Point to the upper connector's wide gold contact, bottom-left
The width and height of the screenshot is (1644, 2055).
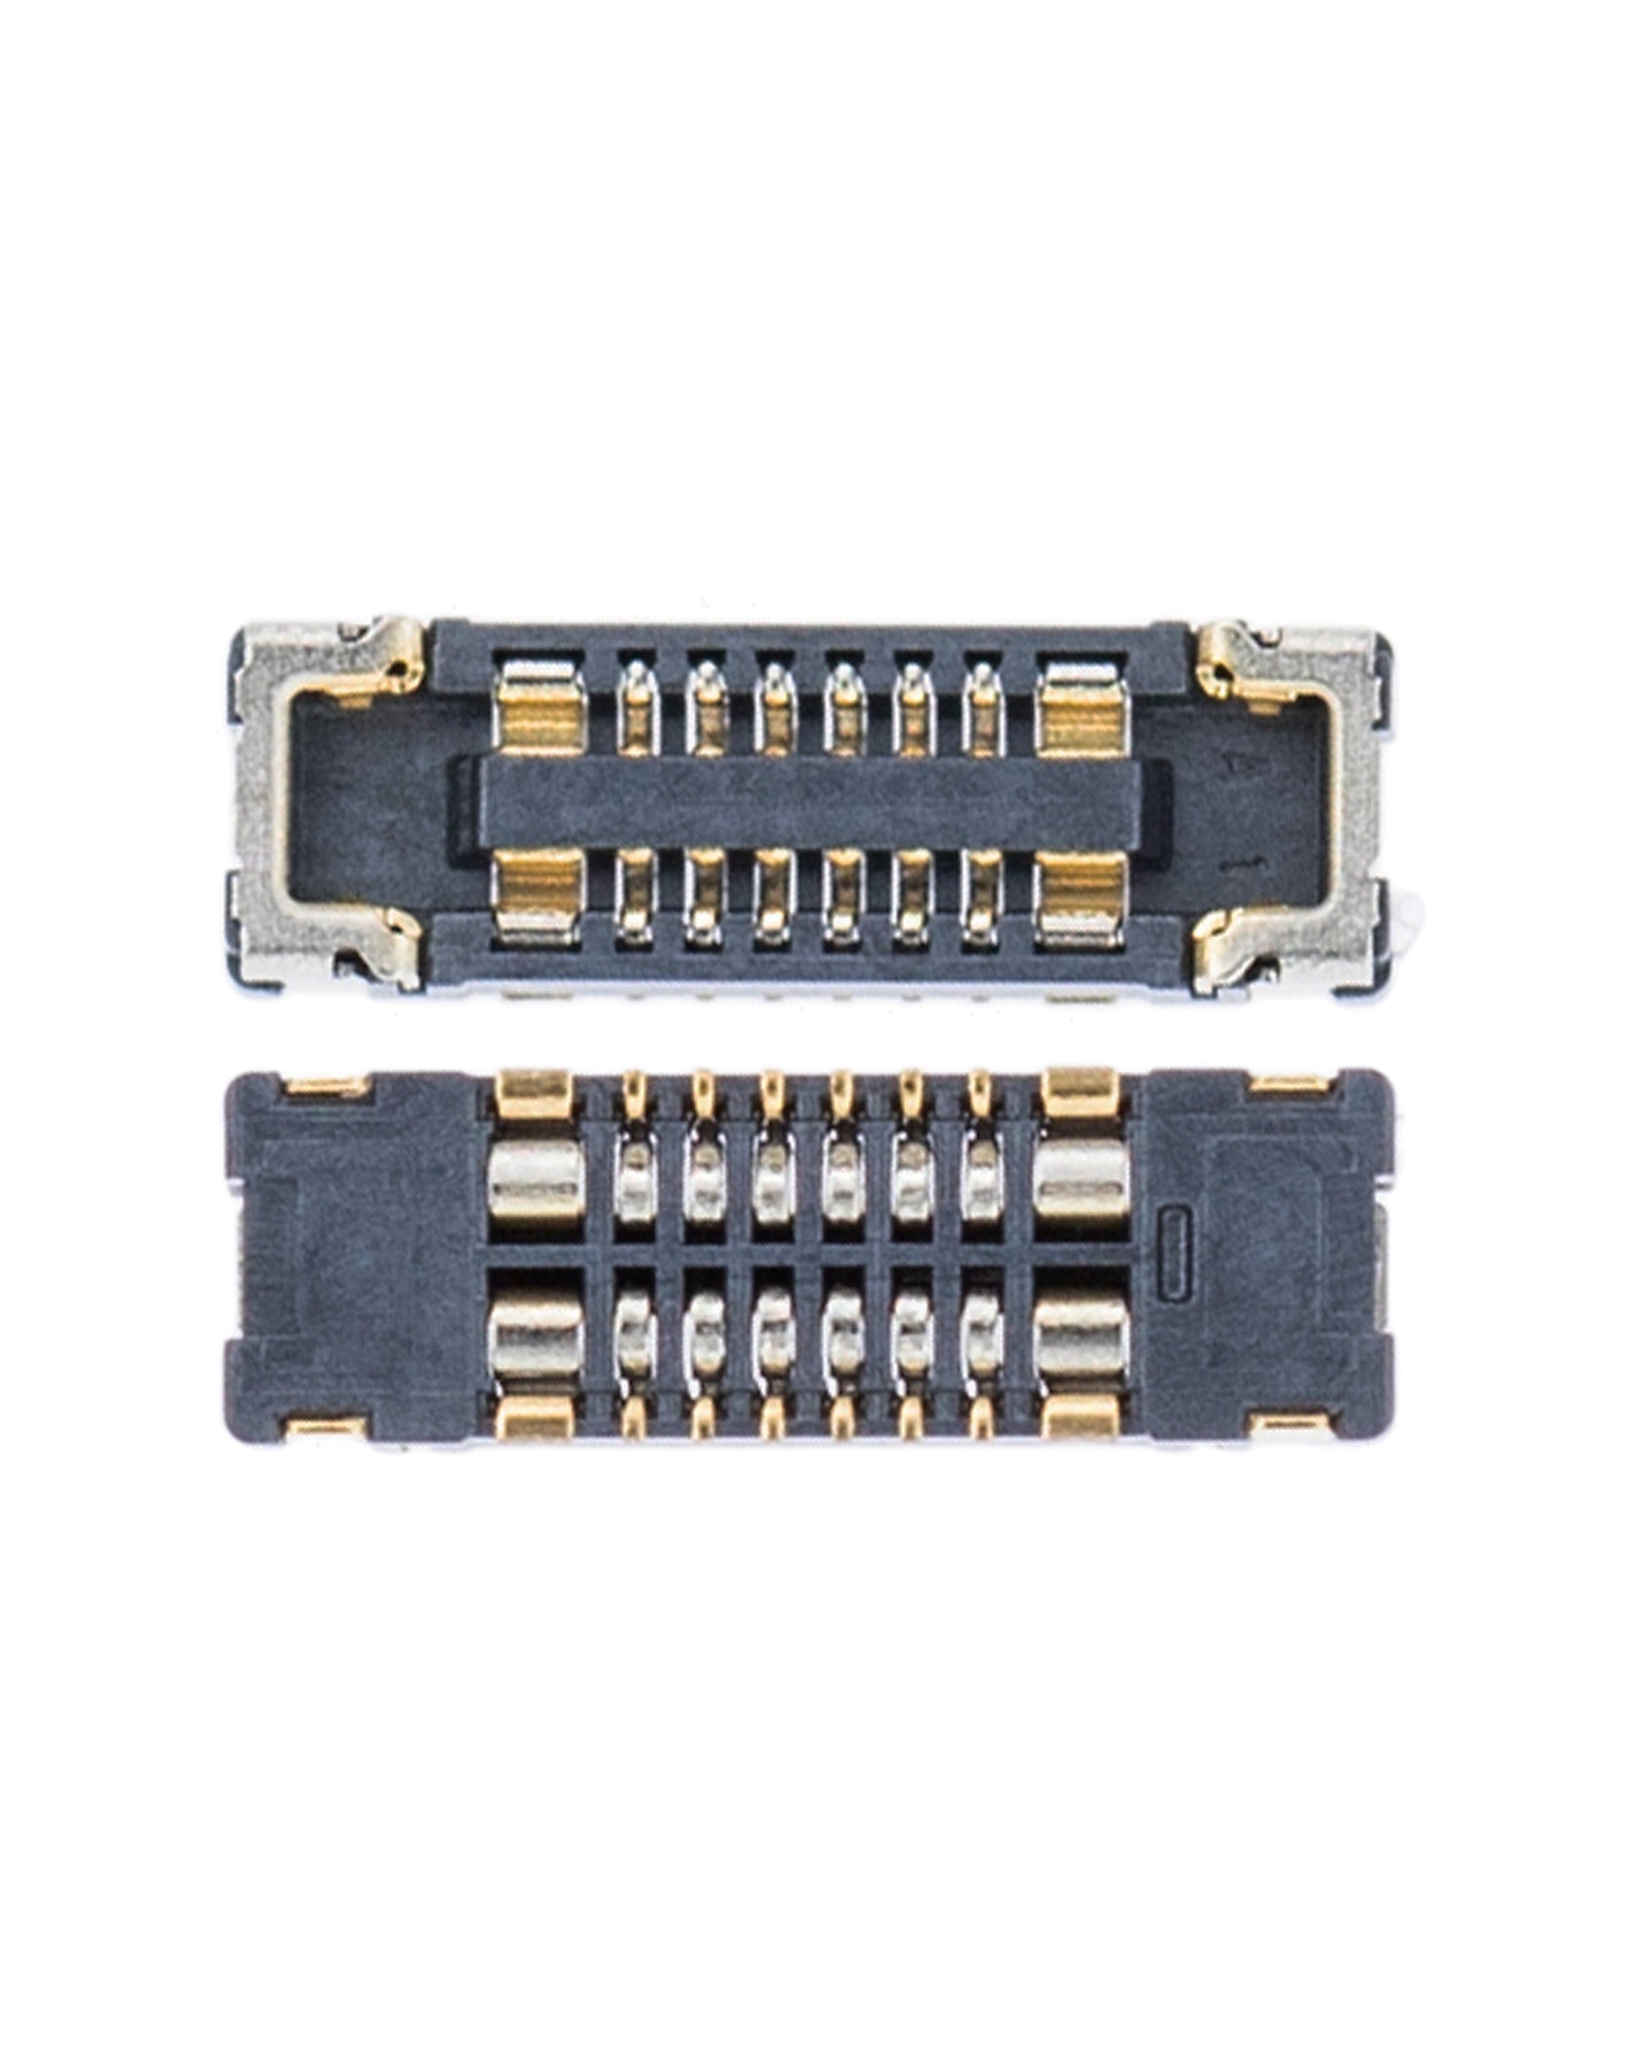pos(540,896)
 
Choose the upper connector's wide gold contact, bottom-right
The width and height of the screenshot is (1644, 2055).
pos(1081,896)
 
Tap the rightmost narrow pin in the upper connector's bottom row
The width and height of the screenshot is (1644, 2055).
pos(982,896)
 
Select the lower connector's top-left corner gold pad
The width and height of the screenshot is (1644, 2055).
pos(325,1086)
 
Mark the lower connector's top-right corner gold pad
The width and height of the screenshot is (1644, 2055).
pos(1291,1086)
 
